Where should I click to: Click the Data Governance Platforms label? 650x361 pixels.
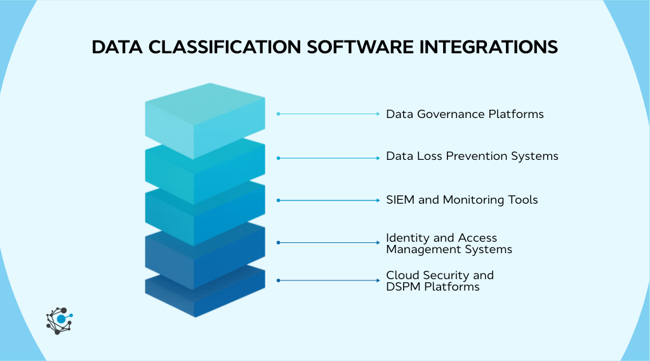pyautogui.click(x=465, y=114)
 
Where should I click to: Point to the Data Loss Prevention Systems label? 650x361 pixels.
pyautogui.click(x=472, y=156)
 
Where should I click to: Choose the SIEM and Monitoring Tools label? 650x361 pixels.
pyautogui.click(x=461, y=200)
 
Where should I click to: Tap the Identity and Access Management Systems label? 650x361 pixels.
pyautogui.click(x=449, y=243)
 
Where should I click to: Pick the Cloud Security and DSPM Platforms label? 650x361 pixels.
pyautogui.click(x=439, y=280)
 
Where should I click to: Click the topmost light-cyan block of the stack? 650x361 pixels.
pyautogui.click(x=204, y=117)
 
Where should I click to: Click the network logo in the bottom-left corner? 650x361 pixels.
pyautogui.click(x=60, y=320)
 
